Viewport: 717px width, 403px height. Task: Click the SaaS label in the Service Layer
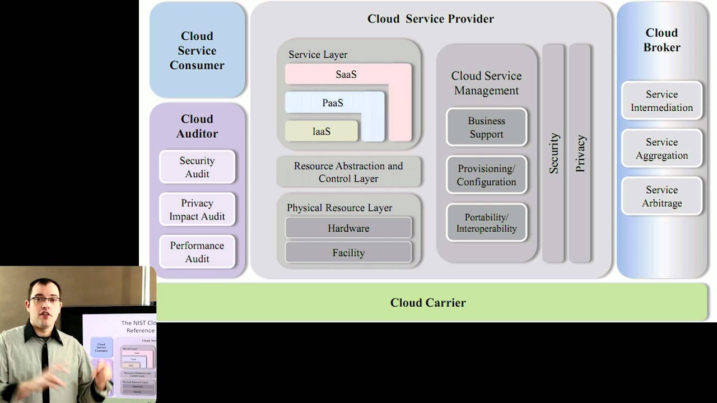point(346,74)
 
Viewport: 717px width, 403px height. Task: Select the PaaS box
point(333,103)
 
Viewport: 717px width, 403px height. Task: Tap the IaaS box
point(322,132)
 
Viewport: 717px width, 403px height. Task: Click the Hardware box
point(348,228)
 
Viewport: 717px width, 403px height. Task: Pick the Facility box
point(348,253)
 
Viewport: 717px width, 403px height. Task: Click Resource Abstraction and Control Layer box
point(348,172)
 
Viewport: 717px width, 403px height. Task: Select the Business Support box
point(486,128)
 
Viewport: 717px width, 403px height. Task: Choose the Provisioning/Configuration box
point(486,175)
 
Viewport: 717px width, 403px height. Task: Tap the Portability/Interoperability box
point(486,223)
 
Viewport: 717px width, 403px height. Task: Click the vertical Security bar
point(553,153)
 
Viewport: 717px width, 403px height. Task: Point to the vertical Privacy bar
point(580,153)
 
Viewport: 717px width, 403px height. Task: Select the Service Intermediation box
point(662,101)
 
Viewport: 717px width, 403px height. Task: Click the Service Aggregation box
point(662,149)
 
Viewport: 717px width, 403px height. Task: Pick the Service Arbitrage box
point(662,196)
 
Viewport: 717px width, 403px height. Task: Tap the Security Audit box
point(197,167)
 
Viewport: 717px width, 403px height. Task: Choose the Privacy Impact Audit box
point(197,209)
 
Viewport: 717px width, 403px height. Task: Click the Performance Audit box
point(197,252)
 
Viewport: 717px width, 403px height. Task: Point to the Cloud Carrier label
point(428,303)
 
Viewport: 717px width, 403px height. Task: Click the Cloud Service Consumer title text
point(197,50)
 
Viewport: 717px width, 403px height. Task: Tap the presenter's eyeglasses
point(45,301)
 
